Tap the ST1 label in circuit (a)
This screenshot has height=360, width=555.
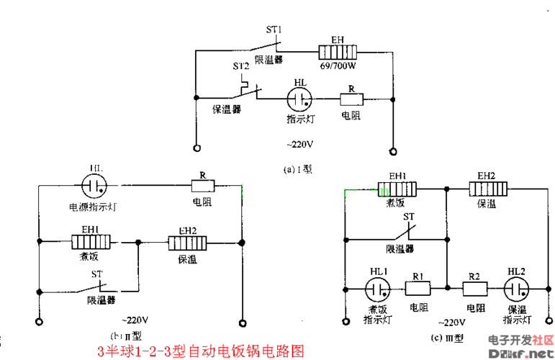(274, 30)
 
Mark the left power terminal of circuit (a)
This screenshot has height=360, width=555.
(195, 150)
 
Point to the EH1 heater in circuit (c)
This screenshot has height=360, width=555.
(398, 189)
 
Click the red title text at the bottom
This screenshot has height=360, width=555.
(201, 351)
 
